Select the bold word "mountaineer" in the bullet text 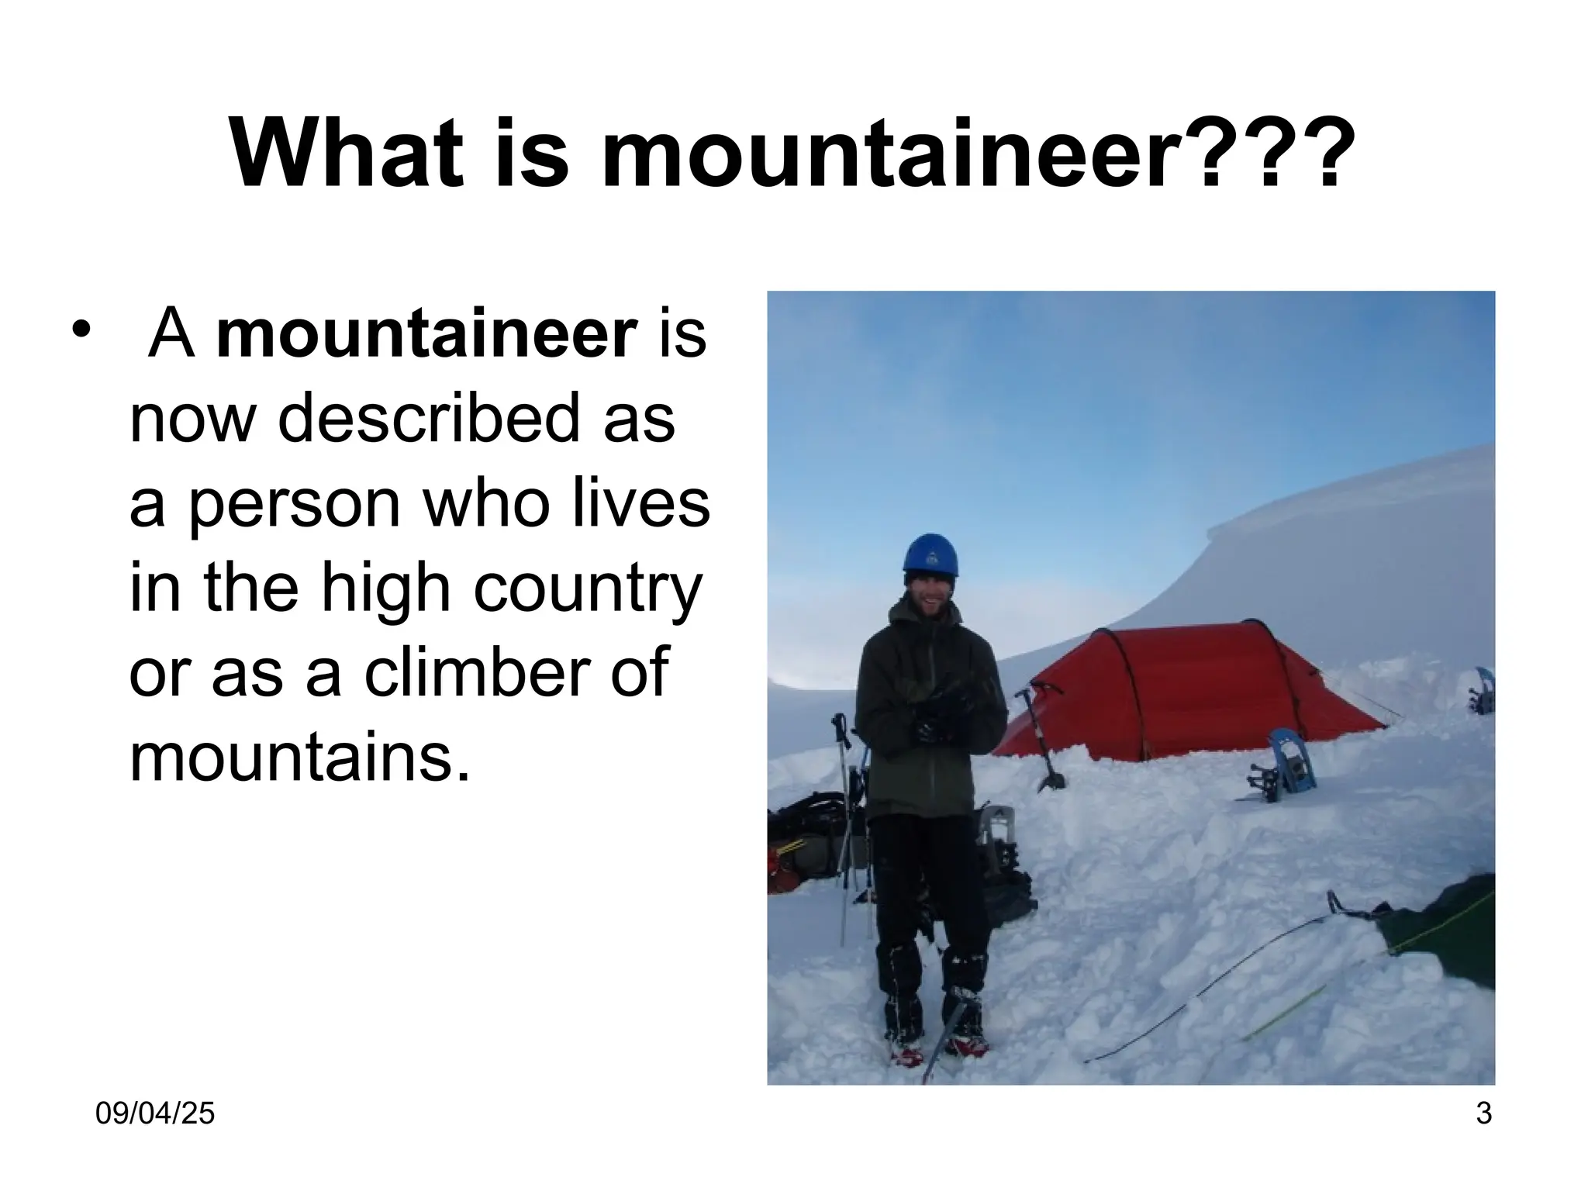(x=427, y=335)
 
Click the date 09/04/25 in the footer (x=155, y=1114)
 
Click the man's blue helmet (x=930, y=556)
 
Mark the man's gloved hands (x=942, y=709)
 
